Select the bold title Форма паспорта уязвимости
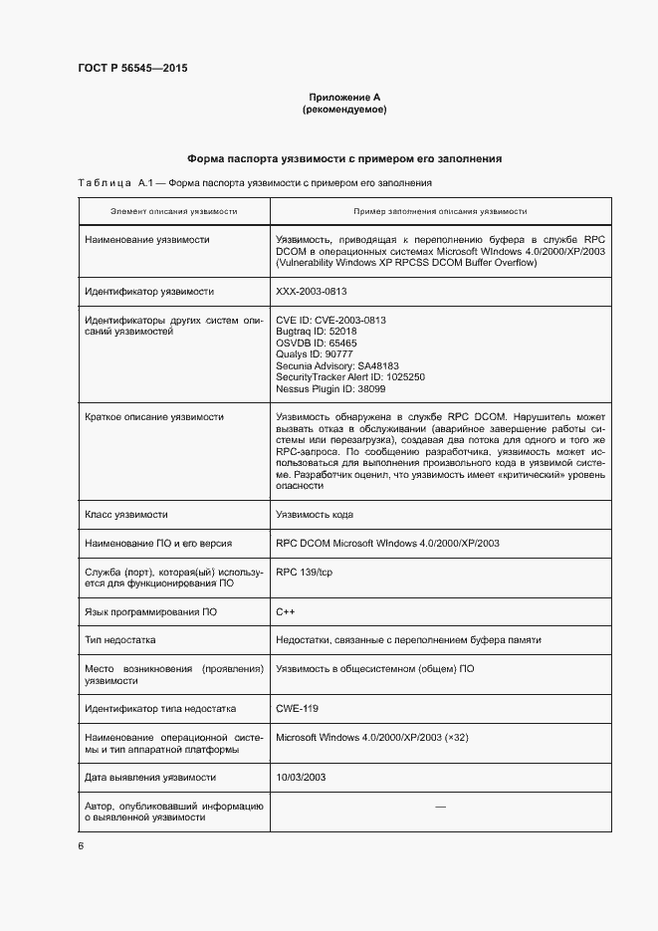tap(343, 158)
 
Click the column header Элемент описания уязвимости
tap(173, 212)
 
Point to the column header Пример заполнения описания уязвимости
tap(440, 212)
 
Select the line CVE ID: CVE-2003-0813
tap(330, 321)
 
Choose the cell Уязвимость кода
tap(315, 515)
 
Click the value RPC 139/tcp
tap(303, 573)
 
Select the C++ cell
tap(285, 610)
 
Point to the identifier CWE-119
tap(297, 708)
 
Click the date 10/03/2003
tap(301, 777)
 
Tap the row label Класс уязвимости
tap(126, 515)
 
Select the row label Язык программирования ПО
tap(150, 610)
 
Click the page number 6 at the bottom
tap(81, 845)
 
